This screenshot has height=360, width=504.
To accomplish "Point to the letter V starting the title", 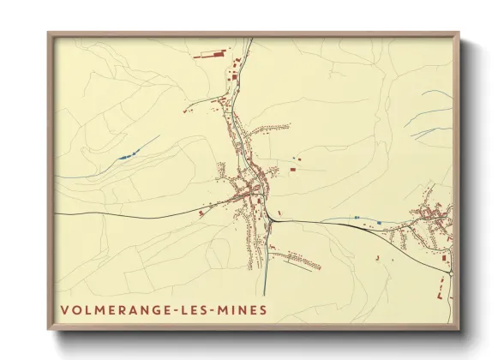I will click(x=64, y=309).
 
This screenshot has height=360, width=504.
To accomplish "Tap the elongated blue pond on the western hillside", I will click(x=125, y=155).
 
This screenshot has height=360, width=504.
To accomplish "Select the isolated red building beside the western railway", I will click(x=201, y=211).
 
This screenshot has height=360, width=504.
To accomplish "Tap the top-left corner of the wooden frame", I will click(x=49, y=34).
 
